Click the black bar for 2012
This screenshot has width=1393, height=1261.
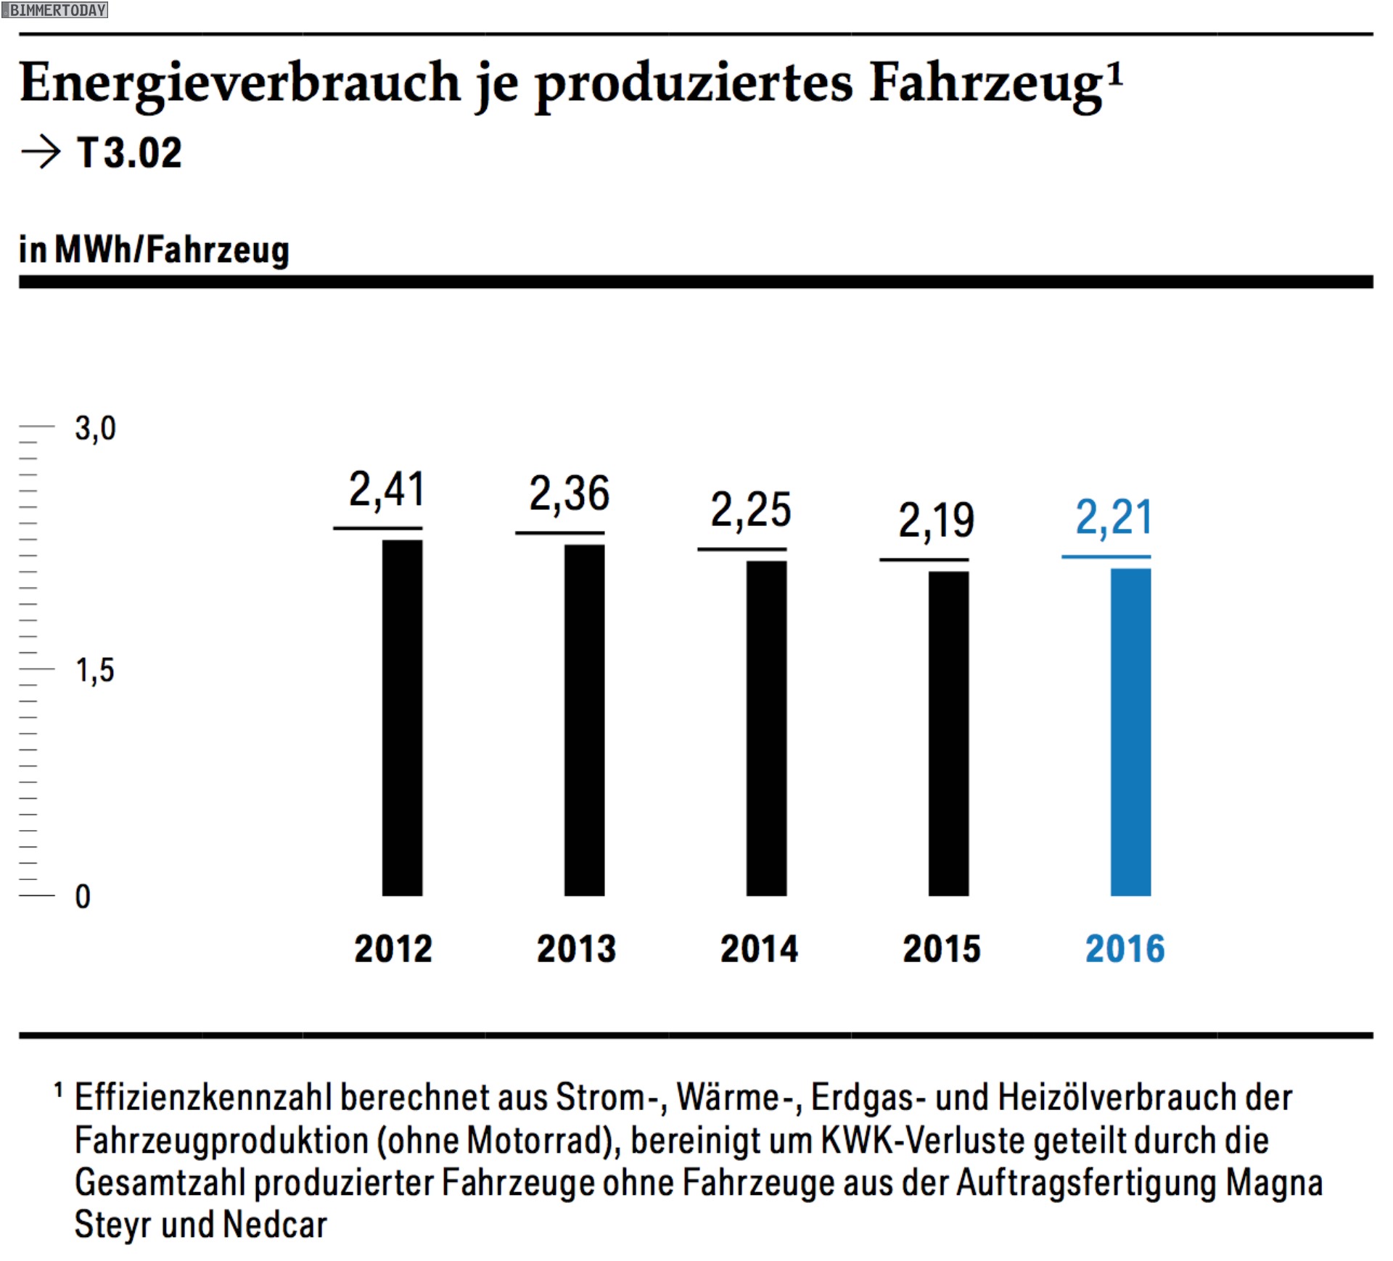click(x=402, y=718)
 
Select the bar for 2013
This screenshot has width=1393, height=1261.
click(x=584, y=720)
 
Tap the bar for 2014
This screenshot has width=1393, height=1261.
click(x=766, y=728)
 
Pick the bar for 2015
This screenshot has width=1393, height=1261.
click(x=948, y=733)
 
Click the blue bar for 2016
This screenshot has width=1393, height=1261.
click(x=1130, y=731)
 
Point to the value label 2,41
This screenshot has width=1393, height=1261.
click(x=386, y=489)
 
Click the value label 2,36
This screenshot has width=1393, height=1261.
click(x=569, y=493)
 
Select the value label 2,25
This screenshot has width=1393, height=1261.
click(x=750, y=509)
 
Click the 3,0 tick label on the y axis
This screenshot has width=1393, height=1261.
click(x=95, y=428)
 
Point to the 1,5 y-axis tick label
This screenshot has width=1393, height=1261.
click(x=95, y=670)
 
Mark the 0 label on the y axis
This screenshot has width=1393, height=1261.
click(x=83, y=897)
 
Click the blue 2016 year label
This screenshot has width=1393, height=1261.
click(x=1125, y=948)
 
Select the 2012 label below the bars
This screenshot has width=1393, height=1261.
click(x=393, y=948)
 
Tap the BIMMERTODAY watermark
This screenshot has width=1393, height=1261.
click(x=55, y=9)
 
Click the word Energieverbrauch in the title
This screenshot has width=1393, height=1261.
click(x=239, y=82)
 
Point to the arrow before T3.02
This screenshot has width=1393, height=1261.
click(x=41, y=152)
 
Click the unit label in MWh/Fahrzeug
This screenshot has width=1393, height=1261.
click(x=154, y=250)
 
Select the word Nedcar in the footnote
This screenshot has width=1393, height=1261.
click(x=275, y=1225)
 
